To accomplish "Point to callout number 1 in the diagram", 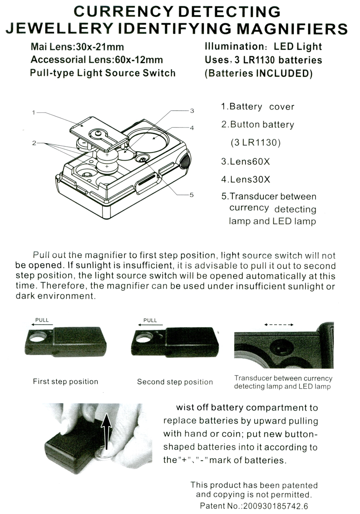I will click(33, 112).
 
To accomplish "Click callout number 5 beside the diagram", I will click(191, 195).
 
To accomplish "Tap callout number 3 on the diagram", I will click(192, 111).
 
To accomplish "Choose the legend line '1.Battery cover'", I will click(257, 106).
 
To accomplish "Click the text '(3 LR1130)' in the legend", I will click(255, 143).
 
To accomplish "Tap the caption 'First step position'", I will click(65, 381).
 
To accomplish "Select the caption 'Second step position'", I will click(174, 382).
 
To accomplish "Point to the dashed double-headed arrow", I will click(279, 325).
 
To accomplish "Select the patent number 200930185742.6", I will click(274, 506).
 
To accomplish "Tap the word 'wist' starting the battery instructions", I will click(185, 408).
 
